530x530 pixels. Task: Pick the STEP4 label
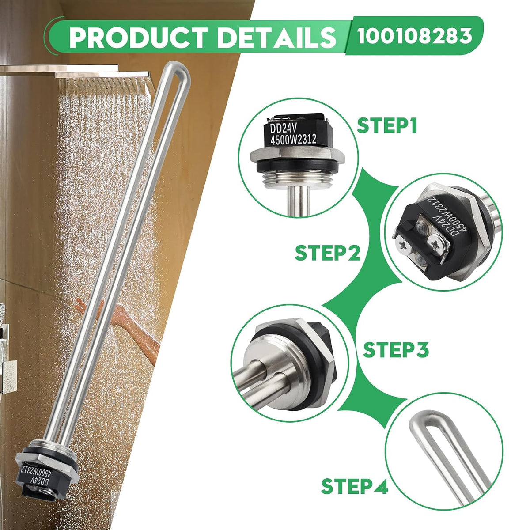click(x=355, y=486)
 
